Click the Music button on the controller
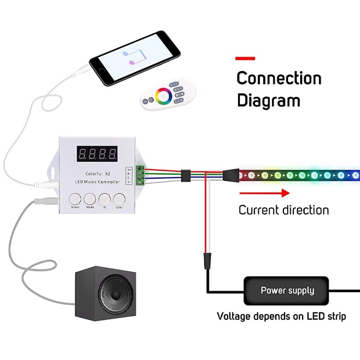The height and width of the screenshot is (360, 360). pos(76,198)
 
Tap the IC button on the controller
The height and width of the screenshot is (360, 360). pos(104,198)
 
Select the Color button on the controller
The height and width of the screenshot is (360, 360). pos(119,198)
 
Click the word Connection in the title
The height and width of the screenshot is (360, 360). pos(279,78)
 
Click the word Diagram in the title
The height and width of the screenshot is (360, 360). pos(268,100)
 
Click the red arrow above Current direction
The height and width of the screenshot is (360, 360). pos(264,193)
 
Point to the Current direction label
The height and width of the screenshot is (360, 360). pos(283,210)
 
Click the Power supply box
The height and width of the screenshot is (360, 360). pos(288,291)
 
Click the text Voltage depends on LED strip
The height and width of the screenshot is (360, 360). pos(282,316)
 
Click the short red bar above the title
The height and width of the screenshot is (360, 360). pos(245,58)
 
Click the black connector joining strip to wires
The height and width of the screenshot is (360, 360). pos(231,174)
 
